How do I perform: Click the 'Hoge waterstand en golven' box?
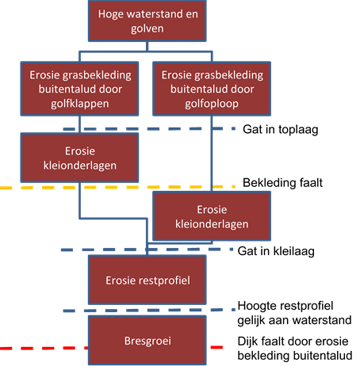coord(147,21)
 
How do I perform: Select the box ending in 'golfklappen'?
coord(79,89)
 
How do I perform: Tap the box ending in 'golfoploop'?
coord(212,89)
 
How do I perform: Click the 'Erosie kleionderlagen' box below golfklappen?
coord(79,158)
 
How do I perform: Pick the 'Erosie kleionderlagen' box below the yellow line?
coord(212,216)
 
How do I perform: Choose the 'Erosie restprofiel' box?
coord(147,280)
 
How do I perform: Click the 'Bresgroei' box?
coord(147,341)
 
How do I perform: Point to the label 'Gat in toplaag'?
coord(281,130)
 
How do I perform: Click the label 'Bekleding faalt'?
coord(282,183)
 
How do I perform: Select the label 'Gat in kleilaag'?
coord(276,251)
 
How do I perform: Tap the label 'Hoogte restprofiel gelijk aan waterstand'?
coord(294,313)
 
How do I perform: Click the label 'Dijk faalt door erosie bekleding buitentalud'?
coord(295,349)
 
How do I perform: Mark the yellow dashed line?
coord(117,188)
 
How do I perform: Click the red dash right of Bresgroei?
coord(216,347)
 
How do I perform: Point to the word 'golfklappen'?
coord(79,104)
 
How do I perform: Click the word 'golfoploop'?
coord(212,104)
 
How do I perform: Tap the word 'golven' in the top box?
coord(147,29)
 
